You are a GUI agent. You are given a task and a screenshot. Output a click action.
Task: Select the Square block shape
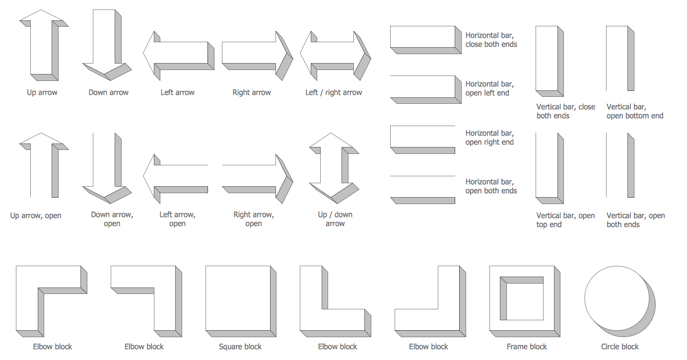(238, 298)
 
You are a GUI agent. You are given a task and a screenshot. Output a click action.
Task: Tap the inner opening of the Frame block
(524, 301)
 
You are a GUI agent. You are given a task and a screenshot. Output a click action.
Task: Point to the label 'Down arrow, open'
(112, 219)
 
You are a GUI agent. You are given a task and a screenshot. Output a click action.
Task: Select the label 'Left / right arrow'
(334, 92)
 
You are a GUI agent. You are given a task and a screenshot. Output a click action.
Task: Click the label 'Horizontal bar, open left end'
(489, 88)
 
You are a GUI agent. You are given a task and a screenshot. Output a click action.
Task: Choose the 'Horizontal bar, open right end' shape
(422, 137)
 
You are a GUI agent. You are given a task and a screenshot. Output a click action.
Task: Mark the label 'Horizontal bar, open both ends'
(491, 186)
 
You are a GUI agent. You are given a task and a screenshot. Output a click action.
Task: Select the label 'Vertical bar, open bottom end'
(634, 111)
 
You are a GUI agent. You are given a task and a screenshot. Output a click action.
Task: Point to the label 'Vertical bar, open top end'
(565, 220)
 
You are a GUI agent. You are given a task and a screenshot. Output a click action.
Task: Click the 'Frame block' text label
(527, 347)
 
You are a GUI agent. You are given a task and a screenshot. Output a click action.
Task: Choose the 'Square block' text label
(240, 347)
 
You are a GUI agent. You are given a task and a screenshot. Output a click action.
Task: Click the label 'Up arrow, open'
(36, 216)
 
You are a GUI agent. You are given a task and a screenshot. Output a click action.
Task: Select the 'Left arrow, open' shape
(179, 176)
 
